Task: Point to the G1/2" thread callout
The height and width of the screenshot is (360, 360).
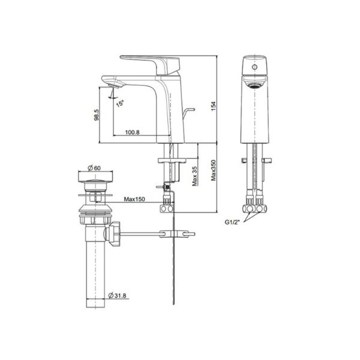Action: tap(233, 223)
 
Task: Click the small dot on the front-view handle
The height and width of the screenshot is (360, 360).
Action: tap(254, 70)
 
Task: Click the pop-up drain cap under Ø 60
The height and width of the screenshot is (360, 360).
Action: tap(93, 178)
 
